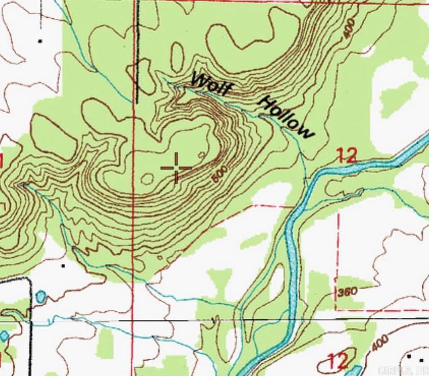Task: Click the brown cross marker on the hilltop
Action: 176,167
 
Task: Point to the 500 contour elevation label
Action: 218,175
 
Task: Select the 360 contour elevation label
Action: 347,291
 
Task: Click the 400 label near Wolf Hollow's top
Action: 349,31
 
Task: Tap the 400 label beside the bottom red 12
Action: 380,343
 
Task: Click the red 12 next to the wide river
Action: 347,155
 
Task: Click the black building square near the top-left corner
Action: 40,40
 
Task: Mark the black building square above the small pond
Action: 63,265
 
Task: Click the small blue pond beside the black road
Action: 41,296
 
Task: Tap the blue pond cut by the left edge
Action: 4,336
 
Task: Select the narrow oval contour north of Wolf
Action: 177,57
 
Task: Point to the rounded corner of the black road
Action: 28,281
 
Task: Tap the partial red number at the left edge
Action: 2,162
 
